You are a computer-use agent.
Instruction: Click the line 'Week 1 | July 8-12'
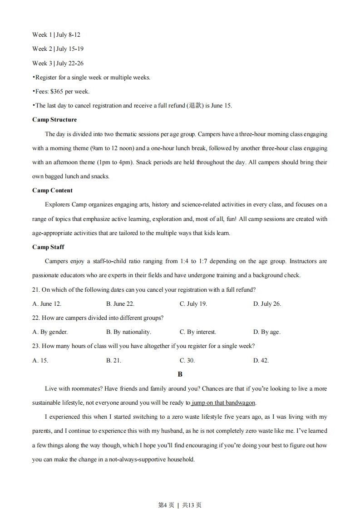[x=56, y=34]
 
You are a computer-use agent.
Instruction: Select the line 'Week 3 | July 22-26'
[x=58, y=63]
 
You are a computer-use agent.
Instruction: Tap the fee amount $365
[x=56, y=91]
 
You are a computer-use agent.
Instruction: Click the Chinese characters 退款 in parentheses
[x=194, y=106]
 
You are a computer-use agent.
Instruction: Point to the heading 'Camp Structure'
[x=54, y=120]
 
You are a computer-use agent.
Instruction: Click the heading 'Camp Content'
[x=52, y=191]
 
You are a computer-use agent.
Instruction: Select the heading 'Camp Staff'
[x=48, y=247]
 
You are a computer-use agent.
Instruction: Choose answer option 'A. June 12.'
[x=47, y=304]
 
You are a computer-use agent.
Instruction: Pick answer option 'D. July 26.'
[x=267, y=304]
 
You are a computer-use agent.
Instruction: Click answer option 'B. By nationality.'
[x=128, y=332]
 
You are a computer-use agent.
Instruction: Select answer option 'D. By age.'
[x=266, y=332]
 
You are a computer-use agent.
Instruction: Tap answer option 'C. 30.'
[x=187, y=361]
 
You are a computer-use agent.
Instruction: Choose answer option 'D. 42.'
[x=261, y=361]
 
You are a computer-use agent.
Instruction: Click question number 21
[x=36, y=290]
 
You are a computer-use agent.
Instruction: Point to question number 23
[x=36, y=346]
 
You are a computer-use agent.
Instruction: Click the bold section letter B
[x=180, y=374]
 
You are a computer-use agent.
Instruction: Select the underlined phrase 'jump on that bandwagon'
[x=224, y=403]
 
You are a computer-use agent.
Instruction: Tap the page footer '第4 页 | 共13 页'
[x=180, y=505]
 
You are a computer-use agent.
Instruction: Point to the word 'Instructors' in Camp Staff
[x=303, y=261]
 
